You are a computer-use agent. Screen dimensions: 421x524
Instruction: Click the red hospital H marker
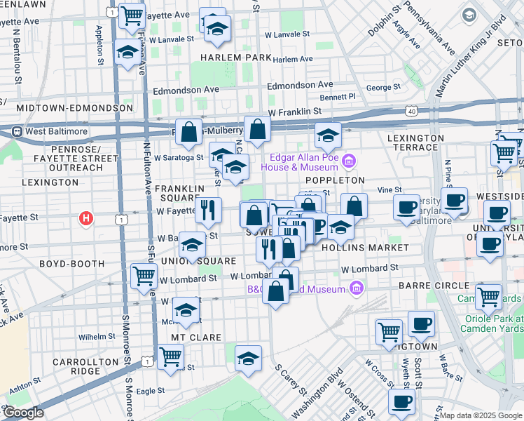(86, 219)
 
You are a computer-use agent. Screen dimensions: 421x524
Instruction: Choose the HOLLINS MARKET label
(364, 248)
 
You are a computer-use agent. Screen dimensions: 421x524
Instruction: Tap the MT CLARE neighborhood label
(197, 338)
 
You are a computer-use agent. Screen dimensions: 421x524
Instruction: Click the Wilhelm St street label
(96, 337)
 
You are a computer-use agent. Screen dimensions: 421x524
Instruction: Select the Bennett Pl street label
(338, 96)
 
